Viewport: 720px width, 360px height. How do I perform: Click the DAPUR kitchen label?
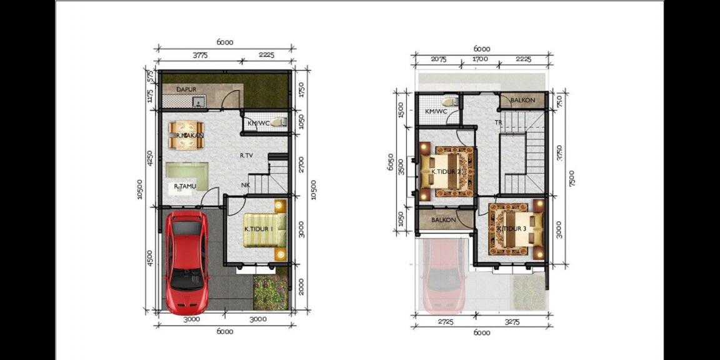coord(186,89)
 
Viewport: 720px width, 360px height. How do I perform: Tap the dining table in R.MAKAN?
coord(186,136)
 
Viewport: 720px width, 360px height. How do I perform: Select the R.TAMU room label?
coord(186,186)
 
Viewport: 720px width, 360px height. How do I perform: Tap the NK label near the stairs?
coord(247,185)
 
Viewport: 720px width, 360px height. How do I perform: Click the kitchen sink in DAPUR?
coord(198,101)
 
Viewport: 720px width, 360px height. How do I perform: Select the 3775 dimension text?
coord(200,55)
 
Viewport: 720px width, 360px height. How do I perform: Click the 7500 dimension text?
coord(571,178)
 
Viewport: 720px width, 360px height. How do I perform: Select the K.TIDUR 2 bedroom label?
coord(446,172)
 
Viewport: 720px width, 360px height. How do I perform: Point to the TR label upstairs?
coord(498,122)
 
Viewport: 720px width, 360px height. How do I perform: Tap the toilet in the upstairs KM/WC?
coord(449,102)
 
